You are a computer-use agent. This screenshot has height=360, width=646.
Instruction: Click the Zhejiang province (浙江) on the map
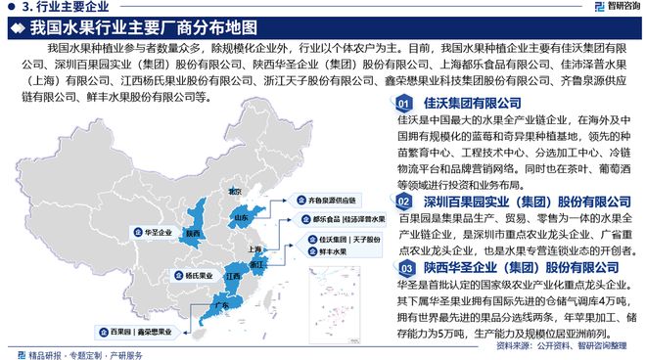pos(257,265)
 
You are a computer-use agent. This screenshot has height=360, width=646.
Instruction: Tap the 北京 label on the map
pos(234,192)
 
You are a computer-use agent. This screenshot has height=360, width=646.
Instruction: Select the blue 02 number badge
pos(403,201)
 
